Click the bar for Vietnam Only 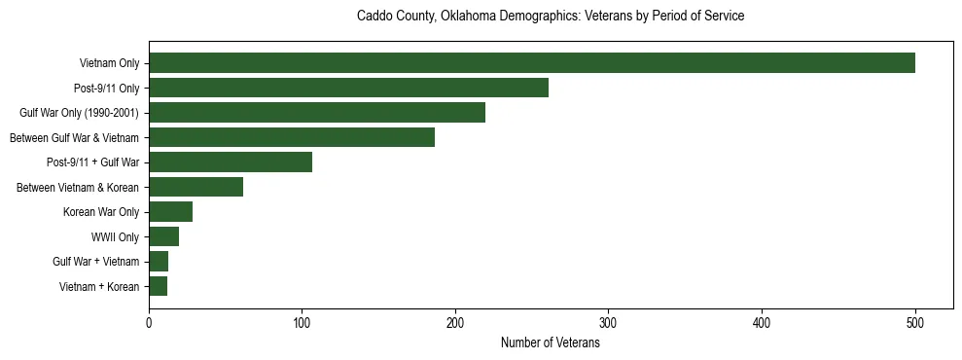point(531,63)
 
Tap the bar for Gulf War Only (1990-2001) point(317,113)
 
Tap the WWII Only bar point(163,236)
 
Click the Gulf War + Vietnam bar point(159,261)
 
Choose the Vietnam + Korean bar point(158,286)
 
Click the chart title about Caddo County point(551,17)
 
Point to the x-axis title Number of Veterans point(551,343)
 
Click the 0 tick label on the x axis point(149,324)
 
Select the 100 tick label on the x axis point(302,324)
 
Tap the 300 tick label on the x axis point(608,324)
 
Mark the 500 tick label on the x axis point(914,324)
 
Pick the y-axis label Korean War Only point(101,212)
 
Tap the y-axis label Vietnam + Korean point(99,286)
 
